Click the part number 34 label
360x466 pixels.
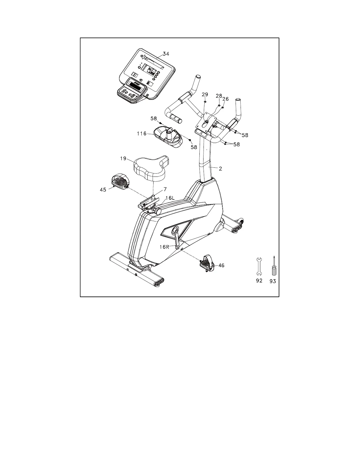coord(166,54)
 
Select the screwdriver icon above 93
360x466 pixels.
coord(274,266)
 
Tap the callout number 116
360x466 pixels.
coord(141,134)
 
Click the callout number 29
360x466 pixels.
coord(205,94)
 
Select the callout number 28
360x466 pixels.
coord(219,96)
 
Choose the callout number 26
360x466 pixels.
coord(225,99)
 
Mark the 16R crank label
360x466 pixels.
coord(164,247)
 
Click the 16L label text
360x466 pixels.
coord(170,198)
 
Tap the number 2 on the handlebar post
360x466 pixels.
coord(220,169)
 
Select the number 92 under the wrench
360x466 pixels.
coord(259,281)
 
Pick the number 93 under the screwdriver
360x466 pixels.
coord(273,281)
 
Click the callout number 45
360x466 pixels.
coord(103,190)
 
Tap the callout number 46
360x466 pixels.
coord(221,265)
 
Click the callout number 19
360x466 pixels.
coord(123,159)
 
